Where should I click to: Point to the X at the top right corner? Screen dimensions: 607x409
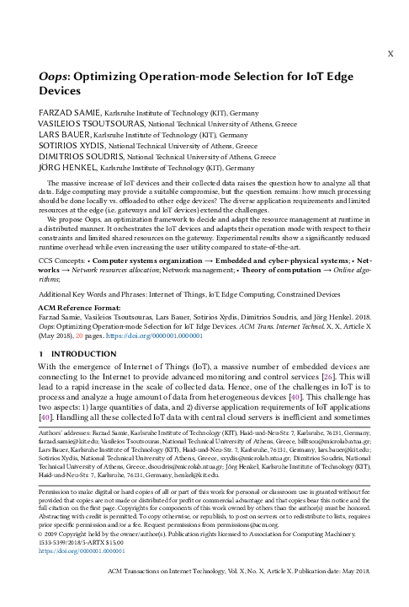[x=389, y=51]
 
